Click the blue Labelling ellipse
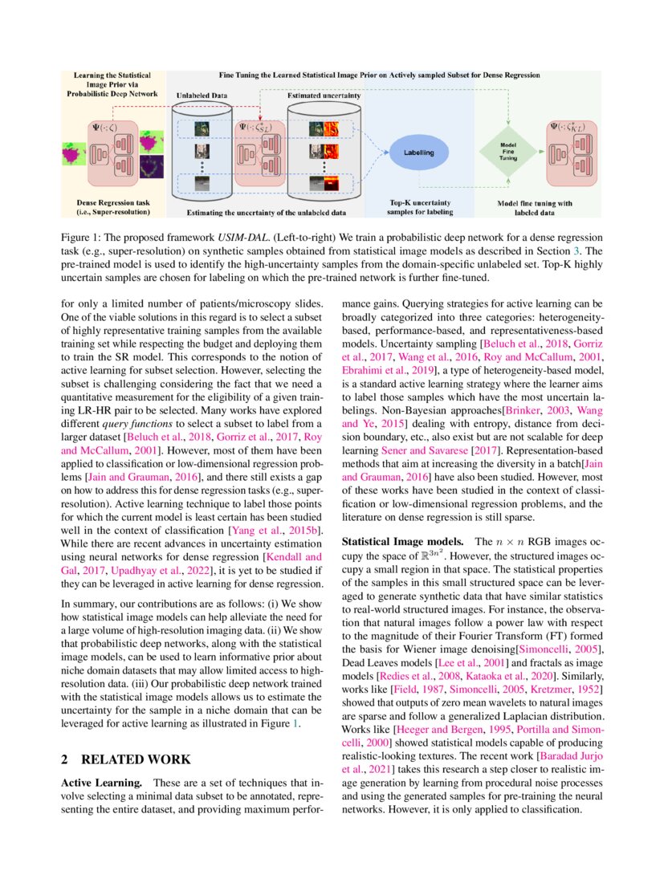point(418,152)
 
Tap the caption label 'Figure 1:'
point(84,239)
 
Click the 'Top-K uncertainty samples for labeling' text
point(418,208)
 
